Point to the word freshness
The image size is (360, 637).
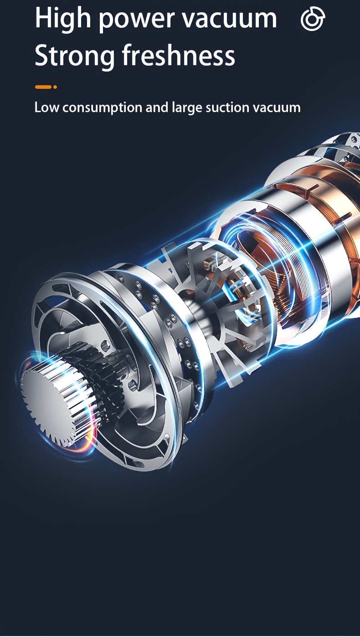point(179,55)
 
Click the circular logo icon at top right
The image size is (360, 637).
point(313,19)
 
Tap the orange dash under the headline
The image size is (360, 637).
point(43,87)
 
